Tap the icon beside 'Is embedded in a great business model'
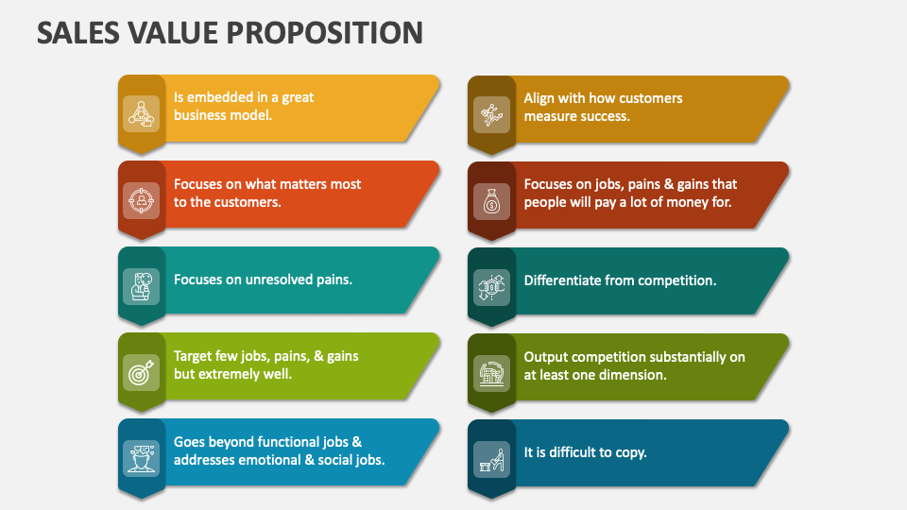(141, 114)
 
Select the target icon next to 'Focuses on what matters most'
(141, 200)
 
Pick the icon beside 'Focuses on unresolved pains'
(141, 286)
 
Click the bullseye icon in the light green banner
(141, 373)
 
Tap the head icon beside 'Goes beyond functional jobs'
(141, 459)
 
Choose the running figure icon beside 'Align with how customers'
(491, 115)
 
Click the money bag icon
(491, 201)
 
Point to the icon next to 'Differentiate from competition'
(491, 287)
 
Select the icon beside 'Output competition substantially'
(491, 374)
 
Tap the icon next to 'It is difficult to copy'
(491, 460)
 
